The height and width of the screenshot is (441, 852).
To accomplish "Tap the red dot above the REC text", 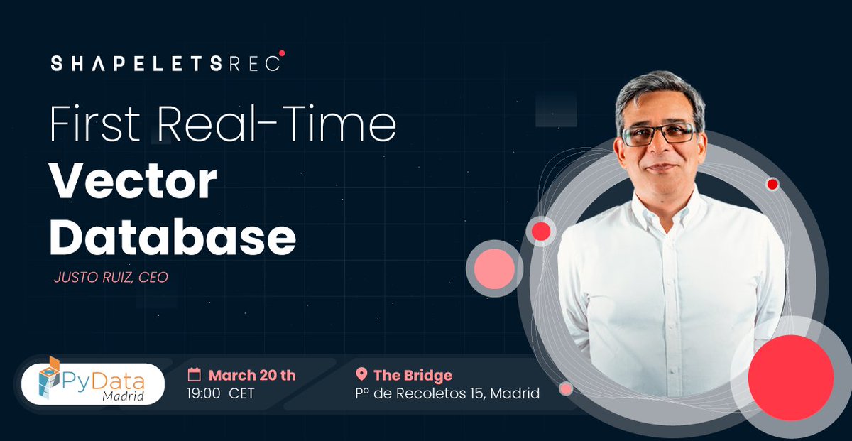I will point(282,53).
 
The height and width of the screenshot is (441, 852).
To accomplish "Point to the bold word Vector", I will point(133,183).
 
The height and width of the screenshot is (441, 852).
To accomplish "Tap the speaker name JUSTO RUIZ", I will point(93,278).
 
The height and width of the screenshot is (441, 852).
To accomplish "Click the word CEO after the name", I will point(153,278).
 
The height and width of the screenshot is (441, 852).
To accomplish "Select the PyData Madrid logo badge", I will point(93,384).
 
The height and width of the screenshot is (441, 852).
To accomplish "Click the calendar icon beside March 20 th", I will point(194,375).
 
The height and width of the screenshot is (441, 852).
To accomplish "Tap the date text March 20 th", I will point(252,375).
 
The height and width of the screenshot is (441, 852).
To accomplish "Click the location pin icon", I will point(361,374).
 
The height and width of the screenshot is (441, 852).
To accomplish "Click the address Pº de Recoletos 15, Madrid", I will point(447,393).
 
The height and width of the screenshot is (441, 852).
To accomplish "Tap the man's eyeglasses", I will point(657,134).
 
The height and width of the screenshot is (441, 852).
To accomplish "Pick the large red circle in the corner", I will point(790,377).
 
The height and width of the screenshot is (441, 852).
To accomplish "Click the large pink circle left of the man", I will point(494,269).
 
